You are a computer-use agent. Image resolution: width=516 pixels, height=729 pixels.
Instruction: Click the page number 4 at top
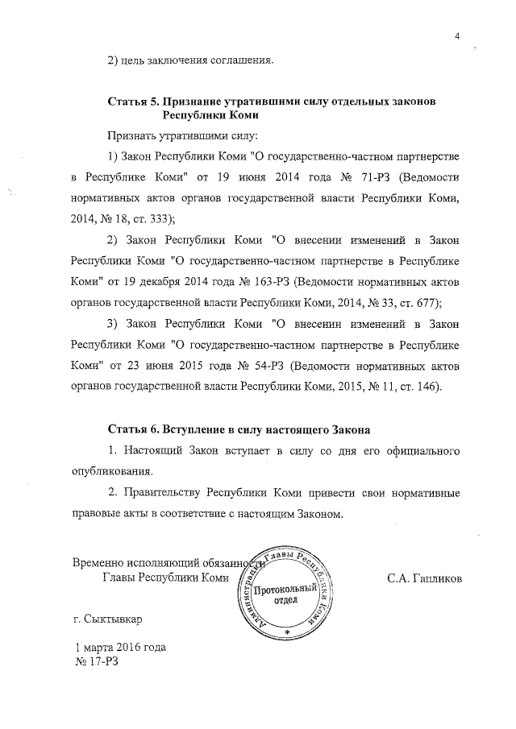pyautogui.click(x=456, y=35)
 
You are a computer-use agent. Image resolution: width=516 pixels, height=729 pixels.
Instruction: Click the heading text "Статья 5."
pyautogui.click(x=133, y=101)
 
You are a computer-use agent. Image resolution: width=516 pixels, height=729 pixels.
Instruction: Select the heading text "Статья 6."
pyautogui.click(x=133, y=424)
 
